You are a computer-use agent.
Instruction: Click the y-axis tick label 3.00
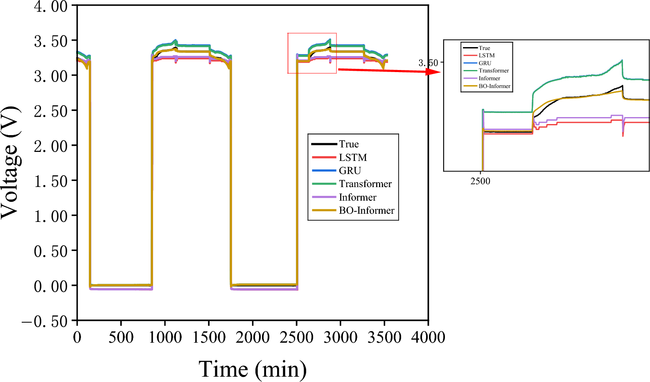(50, 76)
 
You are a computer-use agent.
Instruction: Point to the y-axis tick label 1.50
(50, 181)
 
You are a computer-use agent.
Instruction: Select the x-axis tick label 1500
(209, 338)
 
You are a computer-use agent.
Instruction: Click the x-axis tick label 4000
(428, 338)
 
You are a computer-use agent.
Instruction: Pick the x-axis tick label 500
(121, 338)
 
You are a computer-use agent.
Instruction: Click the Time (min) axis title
(253, 369)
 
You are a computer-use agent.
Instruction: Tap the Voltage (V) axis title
(10, 163)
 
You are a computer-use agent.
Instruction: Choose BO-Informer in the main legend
(366, 210)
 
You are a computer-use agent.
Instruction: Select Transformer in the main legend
(365, 184)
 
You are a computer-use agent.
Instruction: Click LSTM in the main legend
(353, 158)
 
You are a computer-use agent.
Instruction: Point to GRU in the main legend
(350, 171)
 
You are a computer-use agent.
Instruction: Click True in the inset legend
(484, 48)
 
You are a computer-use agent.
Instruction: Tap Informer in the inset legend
(489, 78)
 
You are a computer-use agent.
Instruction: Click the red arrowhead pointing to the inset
(434, 72)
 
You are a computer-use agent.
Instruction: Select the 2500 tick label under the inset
(480, 181)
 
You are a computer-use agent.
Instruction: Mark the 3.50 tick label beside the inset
(428, 63)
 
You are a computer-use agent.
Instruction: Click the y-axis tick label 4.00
(50, 7)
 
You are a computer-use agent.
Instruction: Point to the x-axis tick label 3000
(340, 338)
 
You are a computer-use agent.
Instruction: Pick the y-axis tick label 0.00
(50, 286)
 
